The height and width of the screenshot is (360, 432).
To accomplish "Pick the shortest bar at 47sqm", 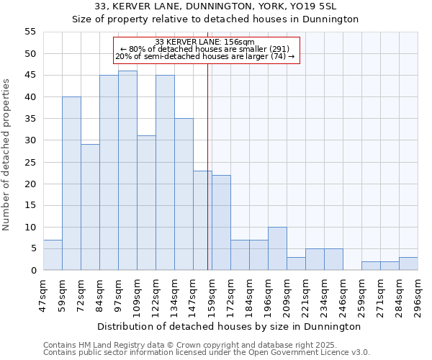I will (x=53, y=255).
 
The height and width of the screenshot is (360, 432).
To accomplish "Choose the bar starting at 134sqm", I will (x=184, y=194).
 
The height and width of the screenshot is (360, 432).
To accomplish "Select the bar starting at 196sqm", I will (x=277, y=248).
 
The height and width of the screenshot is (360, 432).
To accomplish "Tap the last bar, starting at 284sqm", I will (x=408, y=264).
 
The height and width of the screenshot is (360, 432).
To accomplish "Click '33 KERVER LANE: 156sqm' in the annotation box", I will (x=204, y=42).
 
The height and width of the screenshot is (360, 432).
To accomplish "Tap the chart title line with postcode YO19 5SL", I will (x=215, y=6).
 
